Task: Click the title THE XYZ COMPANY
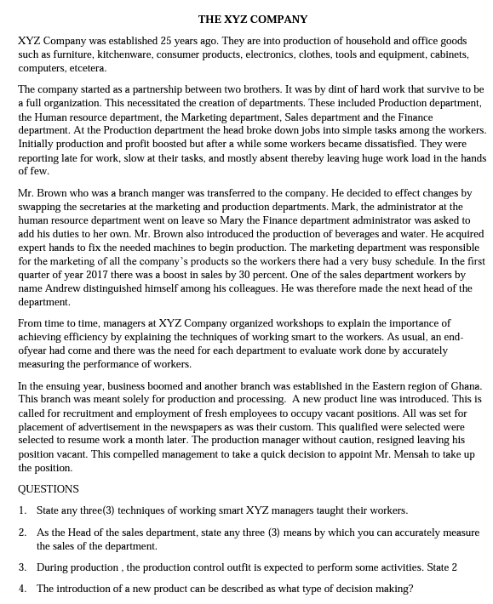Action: point(253,19)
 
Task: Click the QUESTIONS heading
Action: point(49,489)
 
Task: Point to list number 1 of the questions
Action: point(22,510)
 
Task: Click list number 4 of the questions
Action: point(22,589)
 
